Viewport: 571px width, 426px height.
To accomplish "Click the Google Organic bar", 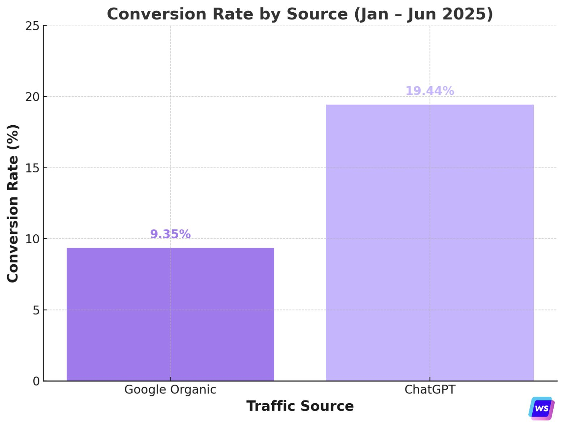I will coord(170,314).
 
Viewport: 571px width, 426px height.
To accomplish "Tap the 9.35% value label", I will coord(170,234).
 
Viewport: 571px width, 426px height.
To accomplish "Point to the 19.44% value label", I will coord(429,91).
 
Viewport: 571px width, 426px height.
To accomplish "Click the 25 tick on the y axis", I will coord(32,26).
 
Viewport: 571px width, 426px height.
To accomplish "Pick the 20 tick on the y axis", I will coord(32,97).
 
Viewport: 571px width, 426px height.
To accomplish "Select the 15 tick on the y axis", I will coord(32,168).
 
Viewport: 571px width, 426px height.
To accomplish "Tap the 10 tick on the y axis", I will coord(32,239).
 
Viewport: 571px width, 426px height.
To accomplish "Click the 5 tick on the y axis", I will coord(36,310).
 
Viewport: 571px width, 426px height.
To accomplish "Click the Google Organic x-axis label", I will coord(170,390).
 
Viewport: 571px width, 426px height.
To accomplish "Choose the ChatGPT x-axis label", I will coord(429,390).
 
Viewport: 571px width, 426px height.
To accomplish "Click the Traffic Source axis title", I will coord(300,406).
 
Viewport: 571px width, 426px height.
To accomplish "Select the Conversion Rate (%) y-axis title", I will coord(13,203).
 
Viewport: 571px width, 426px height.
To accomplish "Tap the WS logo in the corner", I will coord(541,408).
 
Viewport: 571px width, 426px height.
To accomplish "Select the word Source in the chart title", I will coord(317,14).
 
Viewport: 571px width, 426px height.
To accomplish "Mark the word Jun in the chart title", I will coord(421,14).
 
